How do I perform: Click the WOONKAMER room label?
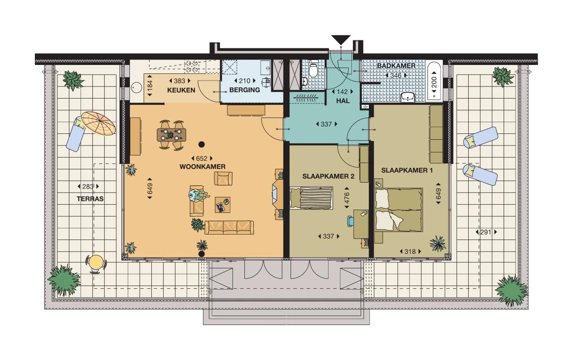[202, 167]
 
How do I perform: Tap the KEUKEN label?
[181, 90]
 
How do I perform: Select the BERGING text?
[244, 90]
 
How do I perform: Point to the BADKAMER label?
[396, 66]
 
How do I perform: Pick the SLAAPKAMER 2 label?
[328, 176]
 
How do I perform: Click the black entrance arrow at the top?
[341, 40]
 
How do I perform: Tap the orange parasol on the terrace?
[98, 123]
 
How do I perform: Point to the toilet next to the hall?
[313, 69]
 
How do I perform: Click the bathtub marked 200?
[433, 81]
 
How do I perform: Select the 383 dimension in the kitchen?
[180, 81]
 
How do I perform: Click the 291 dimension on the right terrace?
[486, 232]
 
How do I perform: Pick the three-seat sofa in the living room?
[229, 227]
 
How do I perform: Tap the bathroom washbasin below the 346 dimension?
[408, 97]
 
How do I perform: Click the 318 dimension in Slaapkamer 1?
[410, 252]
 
